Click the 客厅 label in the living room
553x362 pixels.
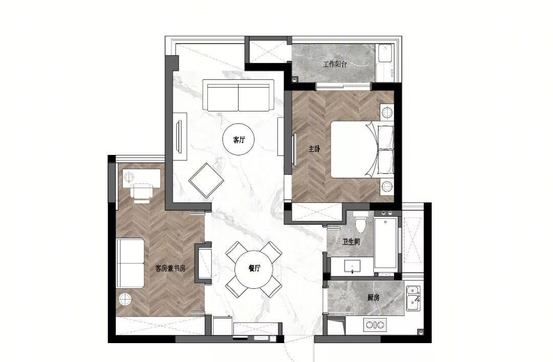click(x=239, y=140)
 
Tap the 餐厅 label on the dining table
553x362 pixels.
click(x=254, y=268)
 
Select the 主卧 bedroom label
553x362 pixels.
click(x=314, y=149)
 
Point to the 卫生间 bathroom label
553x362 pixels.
click(x=351, y=242)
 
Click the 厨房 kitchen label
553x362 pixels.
click(x=373, y=298)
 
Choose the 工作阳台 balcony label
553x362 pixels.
click(x=335, y=64)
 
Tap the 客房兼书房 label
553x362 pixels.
click(x=171, y=268)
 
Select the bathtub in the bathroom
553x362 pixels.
click(x=386, y=243)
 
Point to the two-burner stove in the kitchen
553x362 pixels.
click(x=375, y=325)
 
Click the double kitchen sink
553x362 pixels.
click(x=413, y=298)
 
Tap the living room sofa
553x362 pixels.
click(x=239, y=96)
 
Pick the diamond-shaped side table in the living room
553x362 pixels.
click(x=206, y=181)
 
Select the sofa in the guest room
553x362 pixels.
click(x=130, y=263)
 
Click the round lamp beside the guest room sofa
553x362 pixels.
click(x=125, y=299)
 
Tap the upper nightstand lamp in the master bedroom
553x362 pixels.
click(x=387, y=112)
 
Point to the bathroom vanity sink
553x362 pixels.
click(x=352, y=266)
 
